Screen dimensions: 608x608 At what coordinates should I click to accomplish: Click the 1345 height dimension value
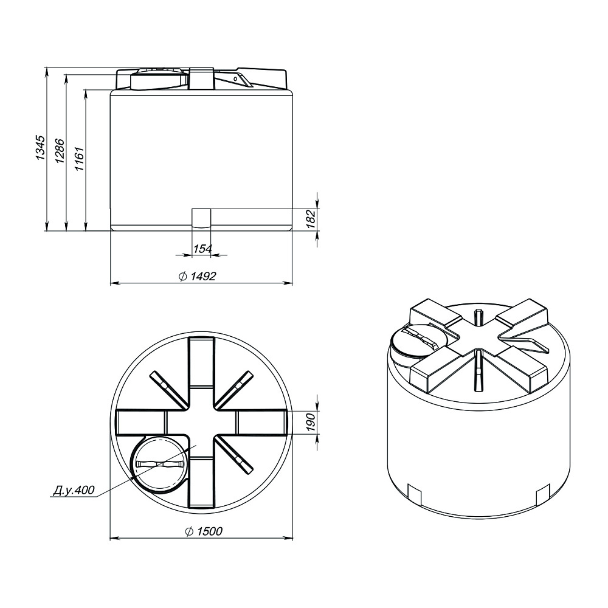40,148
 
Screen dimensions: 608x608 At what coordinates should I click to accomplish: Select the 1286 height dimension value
60,150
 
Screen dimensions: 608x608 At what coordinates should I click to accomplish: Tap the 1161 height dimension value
80,158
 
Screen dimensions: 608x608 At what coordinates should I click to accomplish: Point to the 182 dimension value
311,219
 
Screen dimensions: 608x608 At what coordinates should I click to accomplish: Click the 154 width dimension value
202,248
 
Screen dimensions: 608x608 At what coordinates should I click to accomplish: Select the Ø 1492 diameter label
197,276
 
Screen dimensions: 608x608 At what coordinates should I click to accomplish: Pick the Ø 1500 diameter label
204,531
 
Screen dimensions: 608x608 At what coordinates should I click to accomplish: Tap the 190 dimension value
311,422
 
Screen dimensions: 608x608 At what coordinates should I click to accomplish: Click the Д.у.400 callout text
74,490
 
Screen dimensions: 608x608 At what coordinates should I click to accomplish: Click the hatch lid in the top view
160,465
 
